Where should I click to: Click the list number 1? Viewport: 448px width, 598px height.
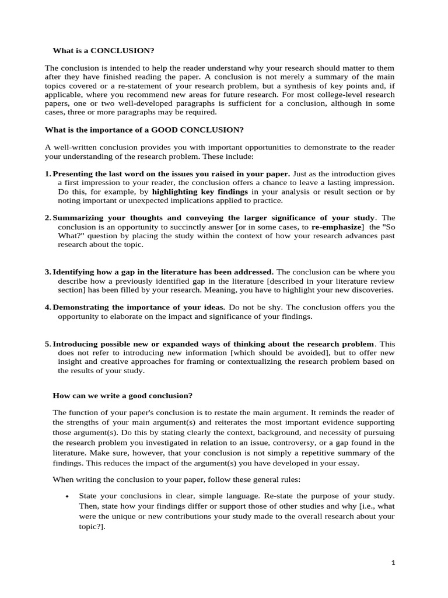pyautogui.click(x=47, y=174)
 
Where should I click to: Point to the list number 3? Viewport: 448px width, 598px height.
pyautogui.click(x=47, y=272)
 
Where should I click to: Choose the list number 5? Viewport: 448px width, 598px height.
pyautogui.click(x=47, y=344)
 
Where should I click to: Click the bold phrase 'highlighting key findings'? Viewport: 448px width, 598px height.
pyautogui.click(x=200, y=192)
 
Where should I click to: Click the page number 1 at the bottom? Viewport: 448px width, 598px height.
pyautogui.click(x=393, y=563)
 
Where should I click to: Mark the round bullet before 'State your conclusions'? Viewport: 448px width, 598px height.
pyautogui.click(x=68, y=496)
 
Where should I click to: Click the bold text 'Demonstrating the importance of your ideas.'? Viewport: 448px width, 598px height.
pyautogui.click(x=139, y=308)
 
